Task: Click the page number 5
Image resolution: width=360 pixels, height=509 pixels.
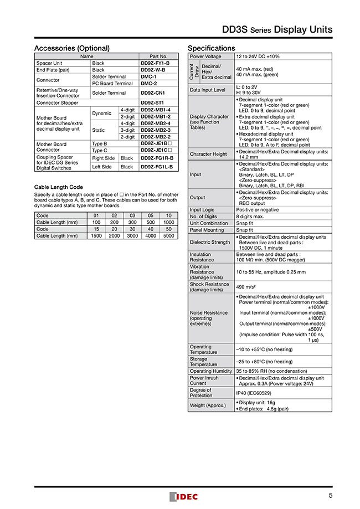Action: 330,496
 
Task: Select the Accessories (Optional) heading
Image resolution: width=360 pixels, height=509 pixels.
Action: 72,48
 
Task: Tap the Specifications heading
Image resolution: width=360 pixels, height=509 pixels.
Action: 212,48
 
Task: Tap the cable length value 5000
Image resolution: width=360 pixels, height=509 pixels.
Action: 169,235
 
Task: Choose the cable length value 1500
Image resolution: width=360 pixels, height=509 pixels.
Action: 96,235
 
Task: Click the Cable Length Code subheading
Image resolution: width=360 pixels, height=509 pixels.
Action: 59,187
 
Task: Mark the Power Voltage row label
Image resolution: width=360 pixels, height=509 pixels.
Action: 205,56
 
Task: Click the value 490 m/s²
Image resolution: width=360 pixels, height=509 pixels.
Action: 248,286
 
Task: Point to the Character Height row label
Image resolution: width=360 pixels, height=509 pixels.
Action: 208,154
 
